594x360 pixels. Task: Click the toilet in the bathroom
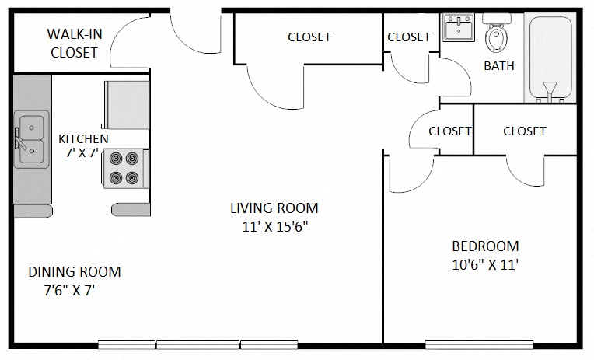click(x=494, y=33)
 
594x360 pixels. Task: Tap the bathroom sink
click(x=458, y=28)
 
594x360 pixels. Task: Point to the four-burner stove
click(x=125, y=168)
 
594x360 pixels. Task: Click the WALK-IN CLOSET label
click(x=74, y=44)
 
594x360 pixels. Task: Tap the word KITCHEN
click(x=83, y=138)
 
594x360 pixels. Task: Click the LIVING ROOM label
click(x=274, y=208)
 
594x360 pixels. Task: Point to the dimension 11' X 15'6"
click(x=274, y=227)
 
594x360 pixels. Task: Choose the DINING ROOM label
click(x=75, y=272)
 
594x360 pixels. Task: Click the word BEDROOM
click(x=484, y=246)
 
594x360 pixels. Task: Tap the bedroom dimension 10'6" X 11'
click(x=484, y=265)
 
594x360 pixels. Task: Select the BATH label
click(x=499, y=66)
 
